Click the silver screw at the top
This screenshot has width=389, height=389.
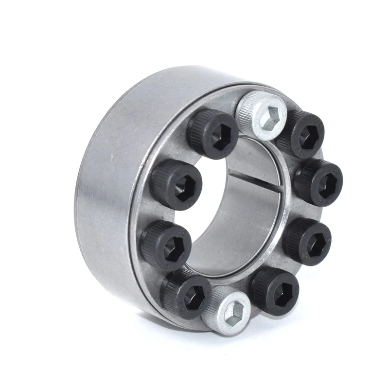[260, 115]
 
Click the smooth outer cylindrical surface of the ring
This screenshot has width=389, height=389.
[107, 194]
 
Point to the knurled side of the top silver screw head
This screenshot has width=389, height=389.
[246, 109]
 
